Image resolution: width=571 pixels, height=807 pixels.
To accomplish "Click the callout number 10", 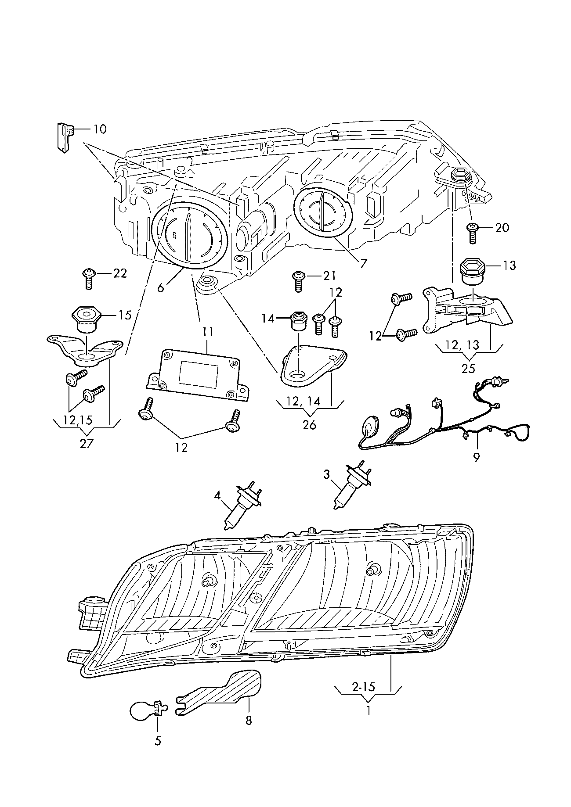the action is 99,129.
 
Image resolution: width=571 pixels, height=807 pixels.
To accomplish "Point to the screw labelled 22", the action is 88,278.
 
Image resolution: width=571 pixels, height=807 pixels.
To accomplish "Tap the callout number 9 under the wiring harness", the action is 477,457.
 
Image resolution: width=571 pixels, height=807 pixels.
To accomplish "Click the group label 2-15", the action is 363,686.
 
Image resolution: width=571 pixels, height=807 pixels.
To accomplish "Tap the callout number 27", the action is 87,443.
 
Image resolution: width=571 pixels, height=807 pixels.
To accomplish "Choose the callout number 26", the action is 309,425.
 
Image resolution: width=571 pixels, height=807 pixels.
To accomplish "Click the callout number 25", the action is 468,368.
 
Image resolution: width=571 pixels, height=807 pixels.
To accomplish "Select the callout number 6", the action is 161,287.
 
